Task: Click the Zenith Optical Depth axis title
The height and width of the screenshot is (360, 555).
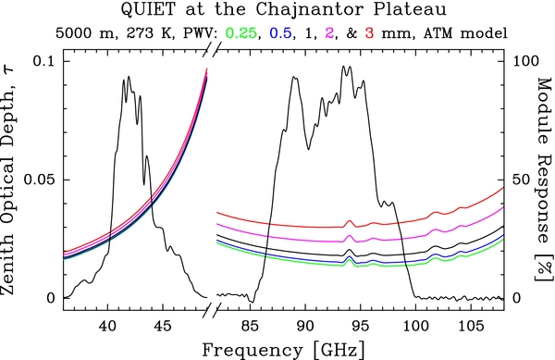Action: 11,180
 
